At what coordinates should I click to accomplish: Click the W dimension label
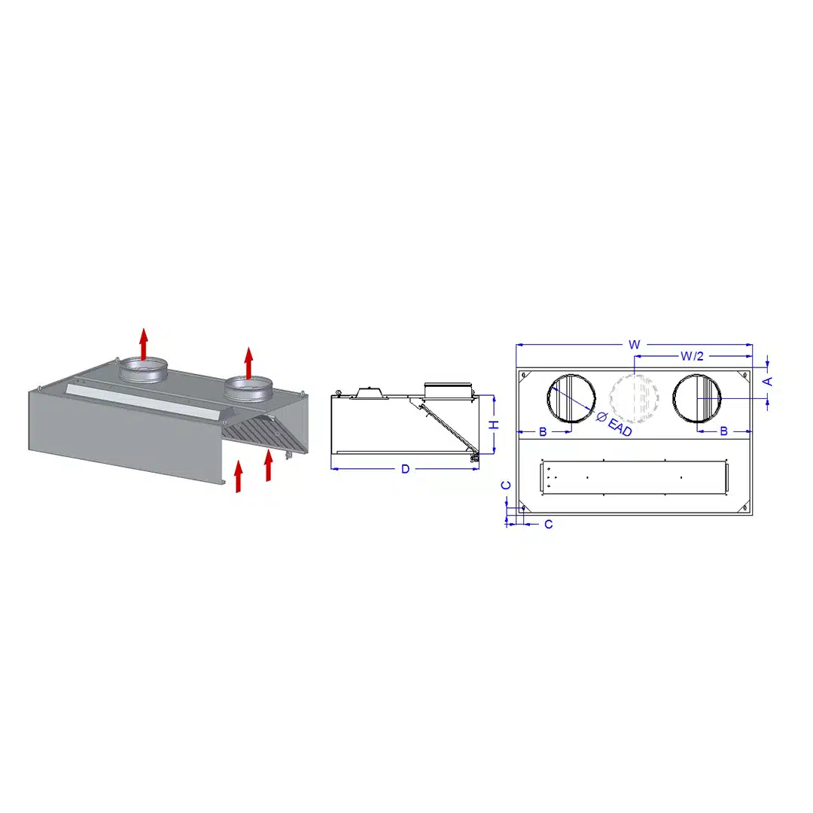coord(634,345)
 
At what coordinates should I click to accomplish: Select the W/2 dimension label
coord(693,356)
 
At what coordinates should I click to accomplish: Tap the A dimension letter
coord(768,382)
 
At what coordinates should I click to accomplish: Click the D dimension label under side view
coord(406,469)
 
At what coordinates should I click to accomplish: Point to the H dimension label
coord(495,425)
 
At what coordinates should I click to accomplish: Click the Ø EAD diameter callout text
coord(615,424)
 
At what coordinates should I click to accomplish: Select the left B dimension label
coord(543,431)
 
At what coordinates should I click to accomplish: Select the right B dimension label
coord(724,431)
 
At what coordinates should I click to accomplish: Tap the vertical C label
coord(506,486)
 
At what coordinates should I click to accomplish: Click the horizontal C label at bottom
coord(549,525)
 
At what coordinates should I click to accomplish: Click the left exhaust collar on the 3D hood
coord(143,370)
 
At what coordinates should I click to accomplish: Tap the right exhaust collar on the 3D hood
coord(248,389)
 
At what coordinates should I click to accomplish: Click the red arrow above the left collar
coord(144,344)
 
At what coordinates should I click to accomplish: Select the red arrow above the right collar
coord(249,363)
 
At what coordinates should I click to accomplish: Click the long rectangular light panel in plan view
coord(634,477)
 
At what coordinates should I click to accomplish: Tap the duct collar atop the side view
coord(448,391)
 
